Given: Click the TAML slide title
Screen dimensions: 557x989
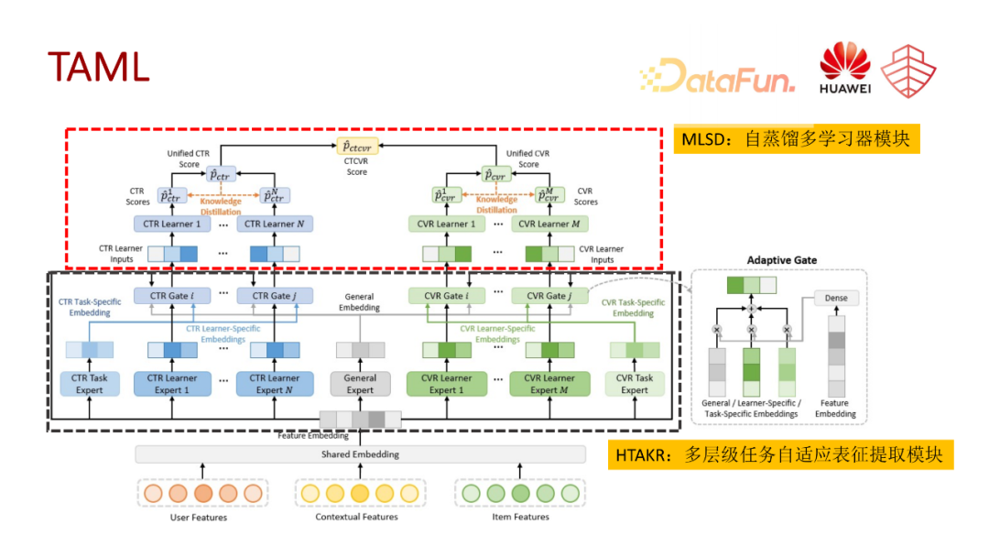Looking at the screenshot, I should click(x=98, y=66).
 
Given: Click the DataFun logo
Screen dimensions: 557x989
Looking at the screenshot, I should click(x=716, y=76).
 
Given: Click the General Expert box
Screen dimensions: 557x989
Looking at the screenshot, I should click(x=360, y=384).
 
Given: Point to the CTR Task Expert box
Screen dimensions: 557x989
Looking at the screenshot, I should click(x=90, y=384).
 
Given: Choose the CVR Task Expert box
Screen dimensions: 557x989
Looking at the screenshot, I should click(x=635, y=384).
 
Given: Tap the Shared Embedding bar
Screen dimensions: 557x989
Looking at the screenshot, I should click(x=360, y=454).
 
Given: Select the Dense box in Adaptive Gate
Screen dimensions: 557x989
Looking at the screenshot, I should click(x=835, y=298).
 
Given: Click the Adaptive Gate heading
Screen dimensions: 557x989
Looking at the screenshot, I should click(x=782, y=260).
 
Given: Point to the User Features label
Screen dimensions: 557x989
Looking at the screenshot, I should click(x=199, y=518).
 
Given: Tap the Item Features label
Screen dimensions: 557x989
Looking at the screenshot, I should click(x=519, y=518).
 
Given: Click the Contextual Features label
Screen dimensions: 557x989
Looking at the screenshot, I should click(x=357, y=518).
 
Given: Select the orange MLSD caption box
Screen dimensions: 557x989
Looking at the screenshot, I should click(x=796, y=140).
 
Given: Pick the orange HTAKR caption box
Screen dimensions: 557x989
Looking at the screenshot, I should click(x=780, y=455).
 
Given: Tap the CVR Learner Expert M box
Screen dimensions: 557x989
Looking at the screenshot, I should click(x=548, y=384).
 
